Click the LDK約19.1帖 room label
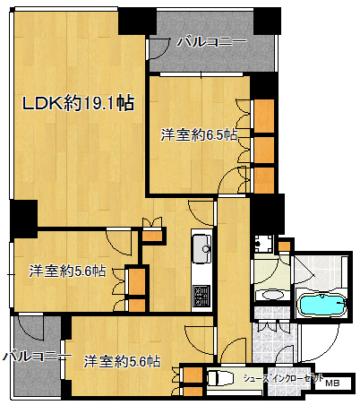[78, 103]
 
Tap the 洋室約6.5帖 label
[199, 135]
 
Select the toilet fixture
[220, 379]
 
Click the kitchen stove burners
[201, 296]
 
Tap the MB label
[332, 383]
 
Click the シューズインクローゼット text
[283, 378]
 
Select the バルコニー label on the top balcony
[212, 41]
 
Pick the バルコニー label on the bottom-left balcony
[38, 356]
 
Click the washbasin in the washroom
[272, 296]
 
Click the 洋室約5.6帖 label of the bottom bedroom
[122, 361]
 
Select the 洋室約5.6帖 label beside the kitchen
[67, 271]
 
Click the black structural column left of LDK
[23, 219]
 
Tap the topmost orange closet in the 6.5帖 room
[264, 116]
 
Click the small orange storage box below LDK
[151, 236]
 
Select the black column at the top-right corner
[267, 22]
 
